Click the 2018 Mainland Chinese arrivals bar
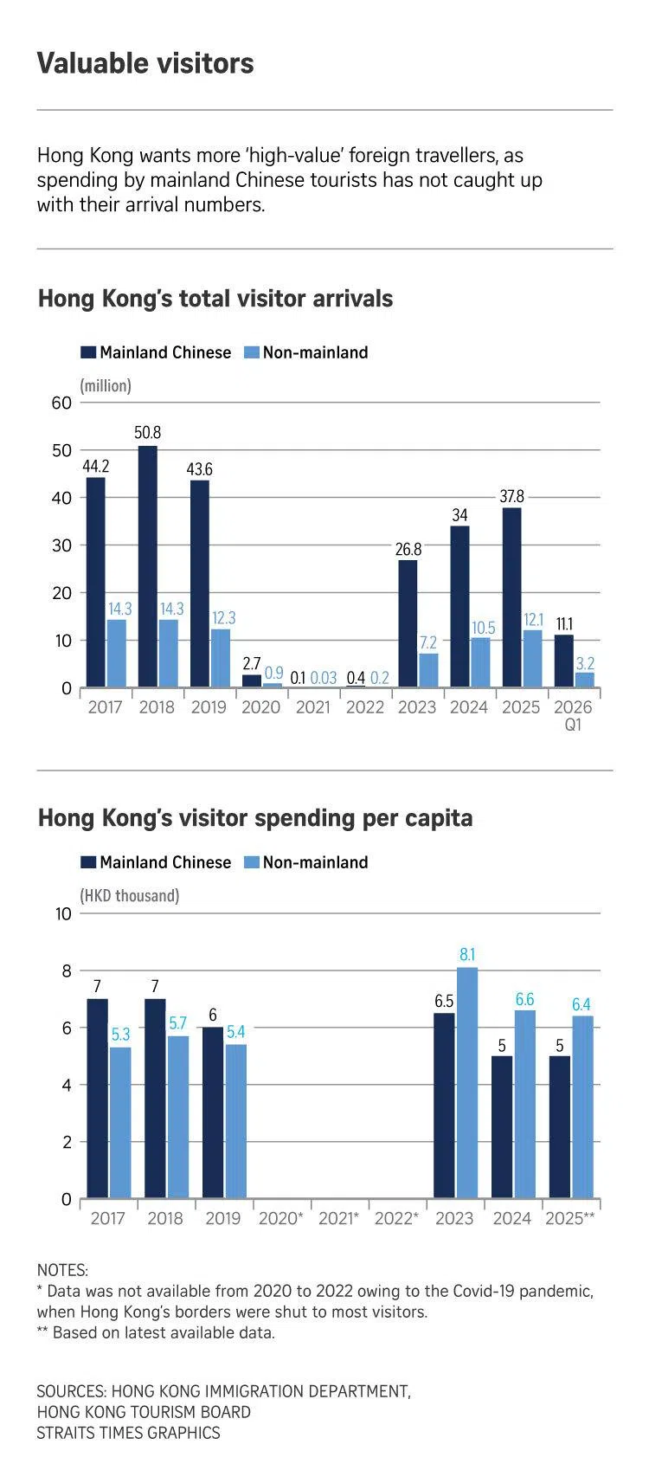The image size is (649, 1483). click(x=148, y=567)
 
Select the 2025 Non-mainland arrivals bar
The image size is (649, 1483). click(x=532, y=659)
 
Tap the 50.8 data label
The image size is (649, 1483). click(x=148, y=432)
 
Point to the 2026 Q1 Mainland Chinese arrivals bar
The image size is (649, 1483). click(x=563, y=661)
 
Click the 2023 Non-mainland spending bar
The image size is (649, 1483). click(x=467, y=1083)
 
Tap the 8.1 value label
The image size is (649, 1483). click(x=467, y=954)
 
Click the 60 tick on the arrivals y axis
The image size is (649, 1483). click(x=61, y=403)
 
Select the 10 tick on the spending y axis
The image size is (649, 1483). click(x=63, y=913)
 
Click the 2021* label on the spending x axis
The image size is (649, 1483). click(x=338, y=1218)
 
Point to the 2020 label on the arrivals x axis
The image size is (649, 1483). click(x=260, y=707)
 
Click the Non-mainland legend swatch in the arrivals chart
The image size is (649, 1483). click(x=251, y=352)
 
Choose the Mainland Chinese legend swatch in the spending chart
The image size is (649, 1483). click(x=88, y=862)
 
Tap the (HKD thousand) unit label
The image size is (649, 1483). click(x=130, y=895)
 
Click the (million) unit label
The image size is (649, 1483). click(x=106, y=385)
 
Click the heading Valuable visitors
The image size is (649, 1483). click(x=145, y=63)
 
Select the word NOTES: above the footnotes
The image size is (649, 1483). click(x=62, y=1270)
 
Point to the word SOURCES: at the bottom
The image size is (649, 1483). click(x=71, y=1391)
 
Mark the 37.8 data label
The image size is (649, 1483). click(x=511, y=496)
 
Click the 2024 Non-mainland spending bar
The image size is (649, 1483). click(x=524, y=1104)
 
